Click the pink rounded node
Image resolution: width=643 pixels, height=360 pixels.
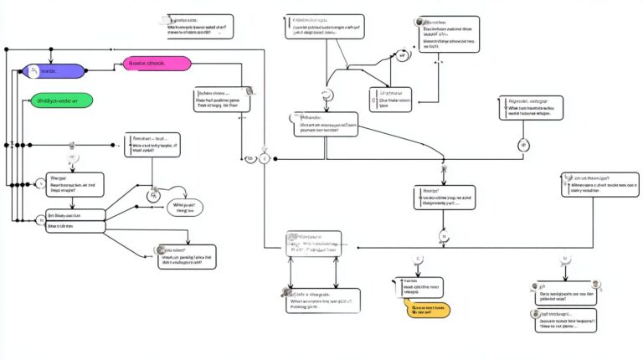point(157,63)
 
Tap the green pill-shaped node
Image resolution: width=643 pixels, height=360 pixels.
point(60,100)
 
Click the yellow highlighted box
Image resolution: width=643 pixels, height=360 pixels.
point(428,310)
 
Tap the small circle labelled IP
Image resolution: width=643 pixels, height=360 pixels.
point(525,145)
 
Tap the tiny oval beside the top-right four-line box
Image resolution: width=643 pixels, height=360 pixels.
point(403,56)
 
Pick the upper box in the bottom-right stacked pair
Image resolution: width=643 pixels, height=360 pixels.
point(567,293)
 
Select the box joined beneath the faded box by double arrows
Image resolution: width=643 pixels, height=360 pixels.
point(322,301)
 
